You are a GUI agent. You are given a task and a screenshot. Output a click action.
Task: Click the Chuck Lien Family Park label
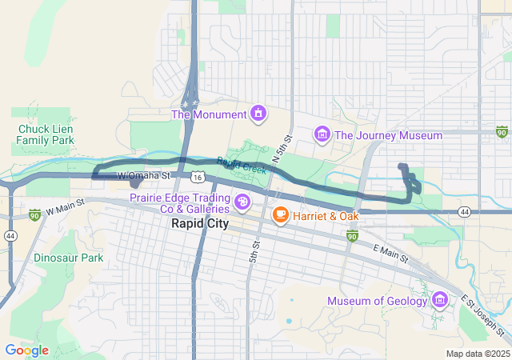[46, 134]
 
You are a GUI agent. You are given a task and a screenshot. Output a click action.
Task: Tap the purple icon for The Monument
[258, 114]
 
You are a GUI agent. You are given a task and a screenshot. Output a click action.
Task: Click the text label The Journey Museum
[388, 136]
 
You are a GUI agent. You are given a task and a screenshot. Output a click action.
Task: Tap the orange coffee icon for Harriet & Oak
[280, 214]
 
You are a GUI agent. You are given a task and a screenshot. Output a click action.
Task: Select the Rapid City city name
[200, 224]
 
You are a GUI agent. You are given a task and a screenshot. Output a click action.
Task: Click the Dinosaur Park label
[69, 258]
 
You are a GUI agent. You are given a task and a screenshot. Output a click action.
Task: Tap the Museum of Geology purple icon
[439, 301]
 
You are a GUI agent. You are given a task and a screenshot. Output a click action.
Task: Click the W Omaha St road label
[145, 175]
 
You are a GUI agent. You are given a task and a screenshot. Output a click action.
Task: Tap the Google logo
[26, 350]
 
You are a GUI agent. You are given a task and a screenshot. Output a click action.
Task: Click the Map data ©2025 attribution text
[477, 354]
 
